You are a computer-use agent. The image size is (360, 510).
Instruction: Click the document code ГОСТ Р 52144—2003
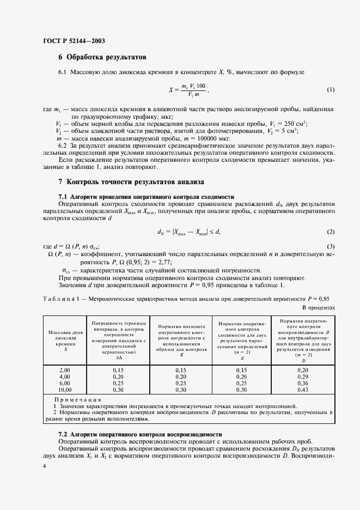coord(74,41)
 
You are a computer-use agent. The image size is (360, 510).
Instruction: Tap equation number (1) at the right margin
coord(331,90)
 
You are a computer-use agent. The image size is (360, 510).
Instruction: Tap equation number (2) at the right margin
coord(331,232)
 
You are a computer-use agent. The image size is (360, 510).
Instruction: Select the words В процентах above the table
coord(318,307)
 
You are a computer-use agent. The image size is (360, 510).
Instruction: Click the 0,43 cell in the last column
coord(302,390)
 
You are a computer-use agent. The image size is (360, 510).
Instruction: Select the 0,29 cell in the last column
coord(302,377)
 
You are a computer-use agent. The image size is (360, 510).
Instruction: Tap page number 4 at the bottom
coord(45,466)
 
